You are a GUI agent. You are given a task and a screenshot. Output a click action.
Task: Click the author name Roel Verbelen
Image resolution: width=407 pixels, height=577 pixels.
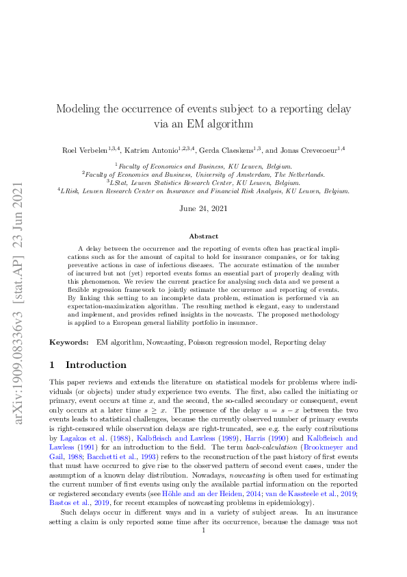tap(81, 149)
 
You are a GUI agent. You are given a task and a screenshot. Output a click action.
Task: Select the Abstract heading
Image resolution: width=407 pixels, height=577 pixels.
tap(203, 236)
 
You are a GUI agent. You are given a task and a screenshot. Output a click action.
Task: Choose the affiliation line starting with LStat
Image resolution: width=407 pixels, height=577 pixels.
tap(203, 183)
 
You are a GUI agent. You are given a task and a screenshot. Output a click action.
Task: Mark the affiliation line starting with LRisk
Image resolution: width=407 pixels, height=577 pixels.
tap(203, 191)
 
